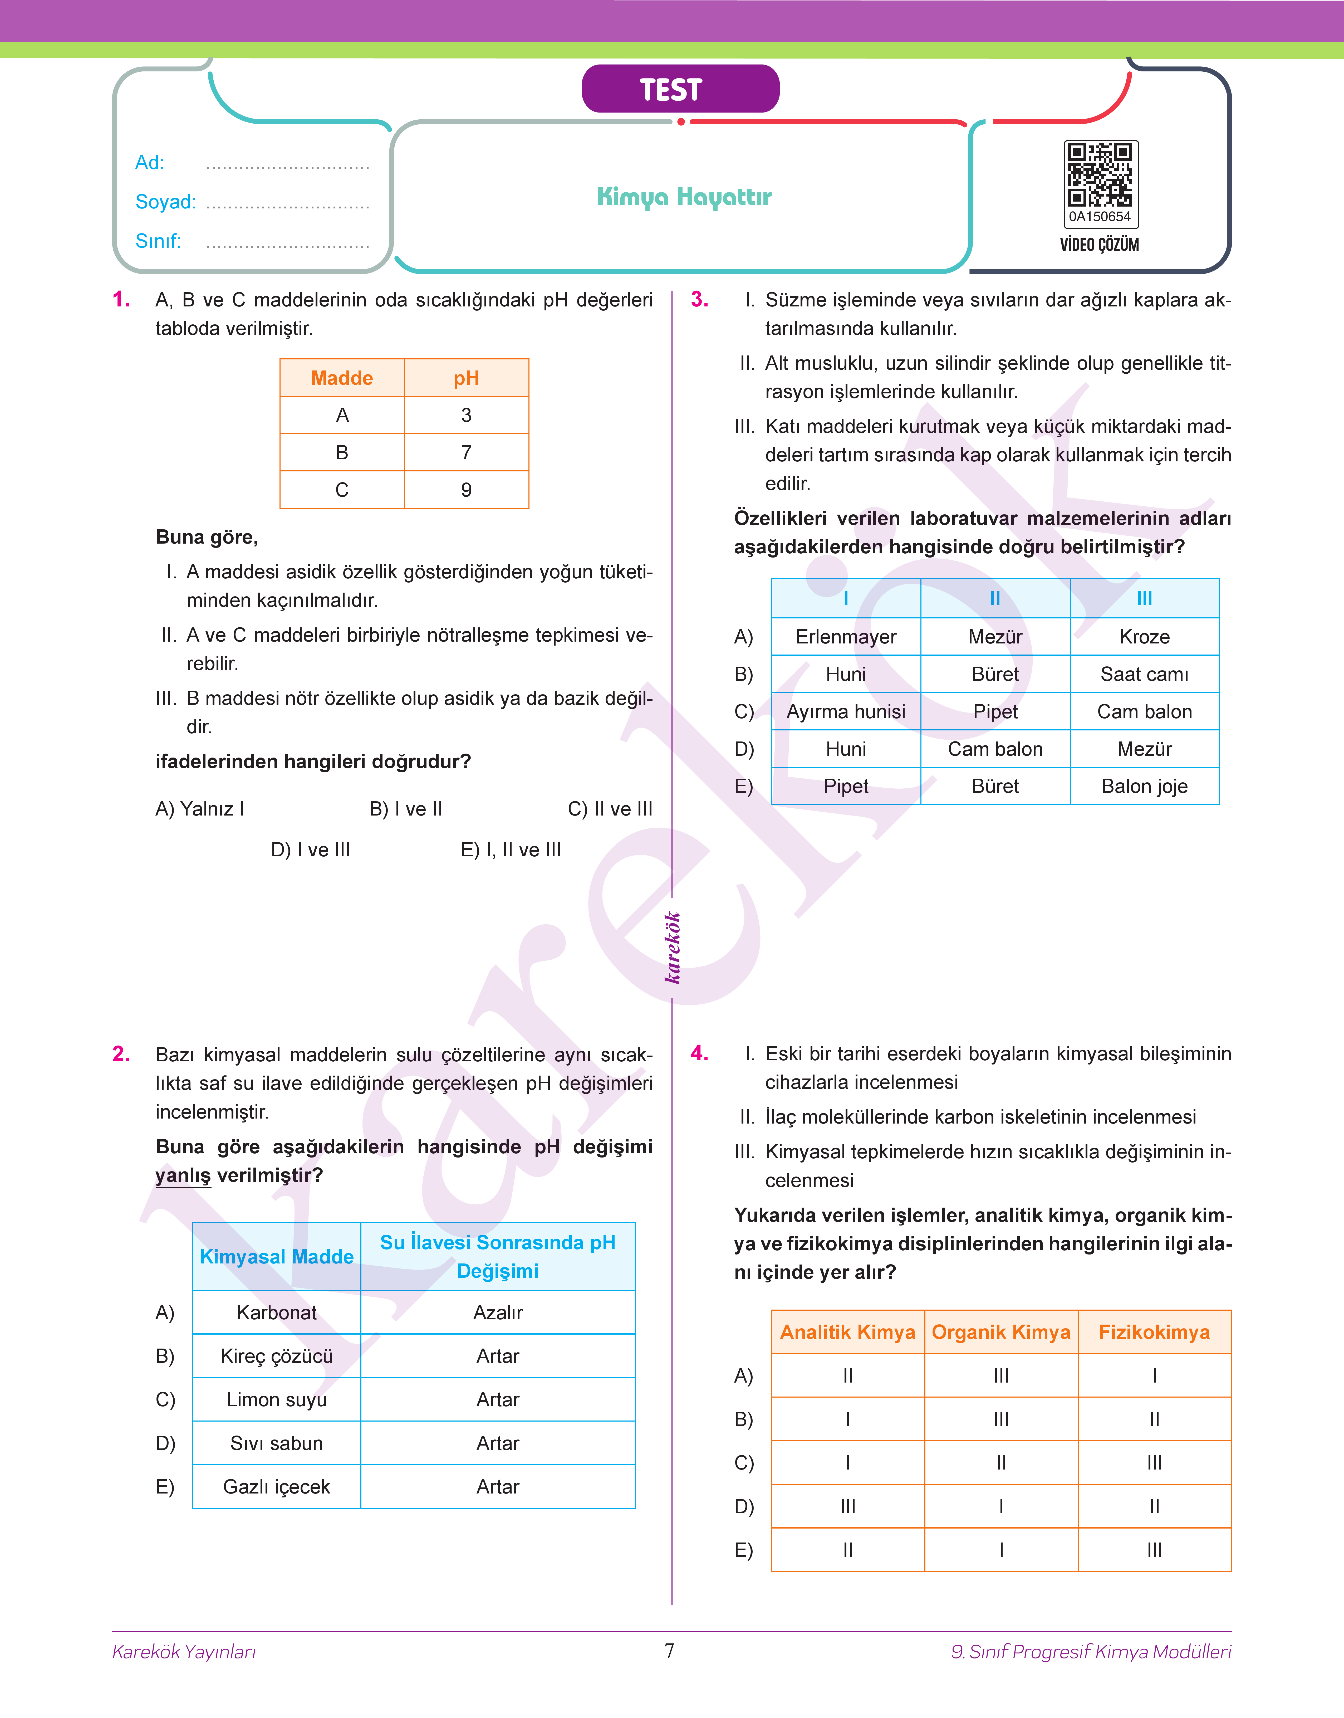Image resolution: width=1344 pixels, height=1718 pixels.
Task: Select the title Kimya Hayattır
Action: (x=684, y=197)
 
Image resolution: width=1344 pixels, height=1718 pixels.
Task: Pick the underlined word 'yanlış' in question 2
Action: (x=183, y=1176)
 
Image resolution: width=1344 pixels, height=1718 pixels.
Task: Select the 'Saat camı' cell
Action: (x=1144, y=675)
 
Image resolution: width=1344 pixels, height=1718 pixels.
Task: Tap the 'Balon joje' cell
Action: (x=1144, y=786)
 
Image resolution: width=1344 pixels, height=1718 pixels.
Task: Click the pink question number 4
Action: (x=699, y=1054)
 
